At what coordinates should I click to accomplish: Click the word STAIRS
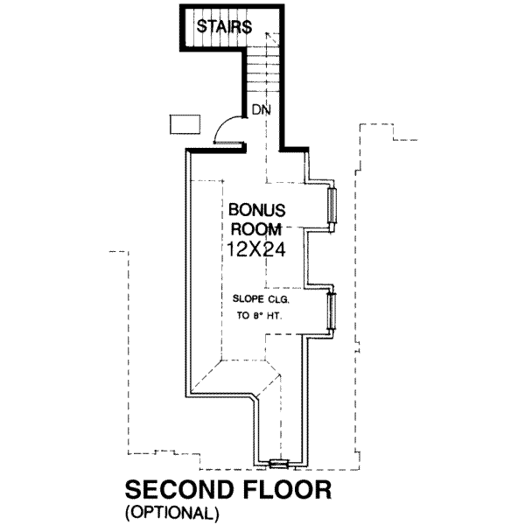(224, 26)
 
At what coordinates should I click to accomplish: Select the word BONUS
(257, 212)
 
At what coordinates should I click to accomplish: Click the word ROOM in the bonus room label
(257, 230)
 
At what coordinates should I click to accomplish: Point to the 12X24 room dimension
(257, 249)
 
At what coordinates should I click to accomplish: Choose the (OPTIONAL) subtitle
(171, 510)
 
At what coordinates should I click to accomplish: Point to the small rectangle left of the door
(182, 124)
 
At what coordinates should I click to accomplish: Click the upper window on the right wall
(331, 209)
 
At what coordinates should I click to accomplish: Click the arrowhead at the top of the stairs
(273, 35)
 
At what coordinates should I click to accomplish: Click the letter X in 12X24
(257, 249)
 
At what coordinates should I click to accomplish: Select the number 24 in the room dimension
(276, 249)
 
